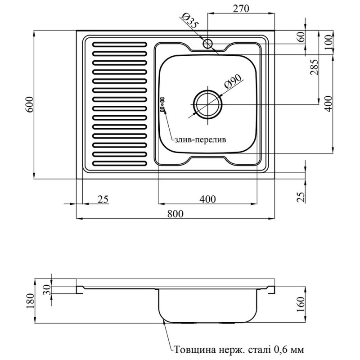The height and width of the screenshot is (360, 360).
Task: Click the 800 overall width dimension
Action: [175, 214]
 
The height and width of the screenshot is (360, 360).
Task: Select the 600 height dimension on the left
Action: [30, 105]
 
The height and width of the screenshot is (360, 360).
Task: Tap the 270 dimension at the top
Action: [241, 9]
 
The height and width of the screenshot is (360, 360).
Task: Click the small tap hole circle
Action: [207, 44]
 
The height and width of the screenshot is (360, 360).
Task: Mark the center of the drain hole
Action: [207, 104]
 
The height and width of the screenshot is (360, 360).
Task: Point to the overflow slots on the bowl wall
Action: [162, 104]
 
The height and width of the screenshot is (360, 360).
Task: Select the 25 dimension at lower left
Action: [103, 199]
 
